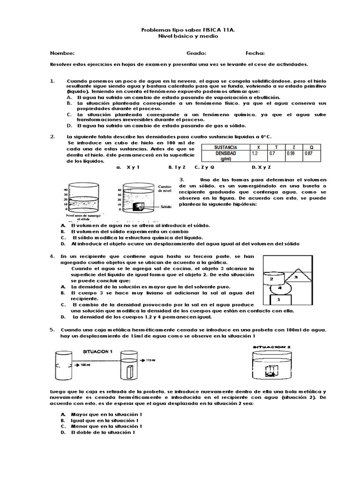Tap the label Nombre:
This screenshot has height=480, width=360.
(x=62, y=53)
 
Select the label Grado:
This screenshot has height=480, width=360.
(x=196, y=53)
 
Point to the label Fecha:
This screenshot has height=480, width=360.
(x=255, y=53)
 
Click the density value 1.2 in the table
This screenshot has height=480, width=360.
(x=255, y=153)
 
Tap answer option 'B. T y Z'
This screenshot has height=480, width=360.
(x=177, y=167)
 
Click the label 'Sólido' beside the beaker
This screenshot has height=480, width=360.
(x=165, y=205)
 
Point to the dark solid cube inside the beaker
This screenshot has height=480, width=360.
(x=138, y=206)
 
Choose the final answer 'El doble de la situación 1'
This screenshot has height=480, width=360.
(x=103, y=433)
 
